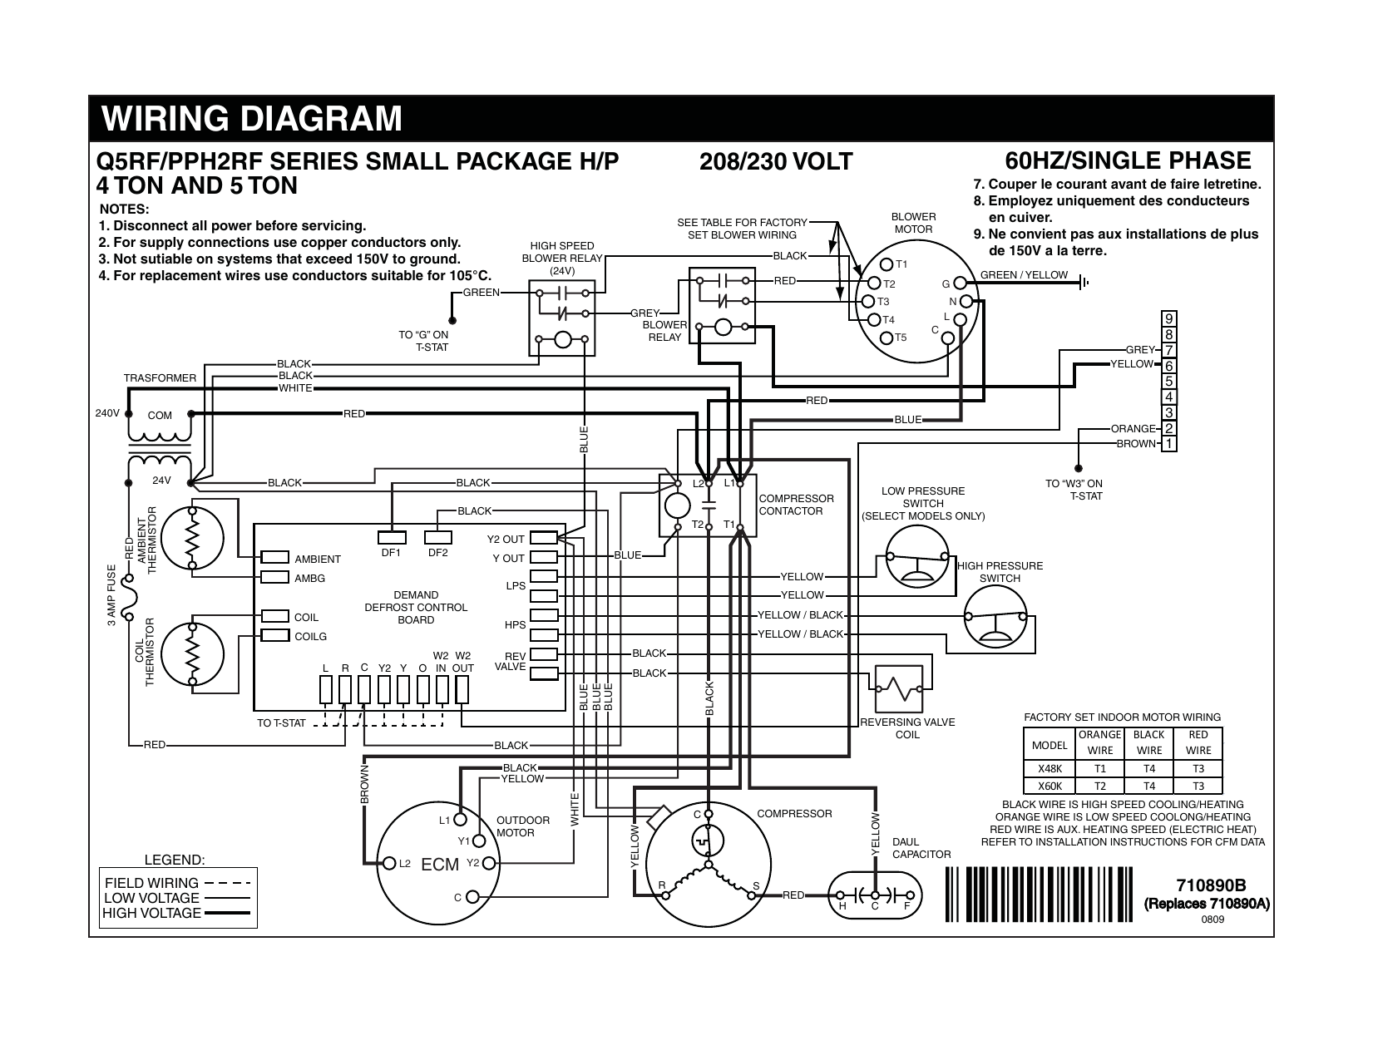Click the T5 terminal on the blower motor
tap(887, 338)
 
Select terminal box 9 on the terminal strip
tap(1169, 319)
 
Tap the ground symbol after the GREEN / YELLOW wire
tap(1083, 283)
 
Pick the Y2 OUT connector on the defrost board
tap(543, 539)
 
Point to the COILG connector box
tap(274, 636)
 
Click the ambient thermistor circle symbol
tap(193, 538)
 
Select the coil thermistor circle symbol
tap(193, 653)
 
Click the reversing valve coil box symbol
tap(898, 688)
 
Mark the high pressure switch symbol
tap(995, 616)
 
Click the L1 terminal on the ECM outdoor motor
tap(459, 820)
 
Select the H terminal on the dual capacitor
tap(844, 895)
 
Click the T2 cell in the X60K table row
tap(1099, 786)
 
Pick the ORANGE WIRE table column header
tap(1099, 742)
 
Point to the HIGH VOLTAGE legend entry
tap(151, 913)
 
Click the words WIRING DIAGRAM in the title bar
tap(252, 119)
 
